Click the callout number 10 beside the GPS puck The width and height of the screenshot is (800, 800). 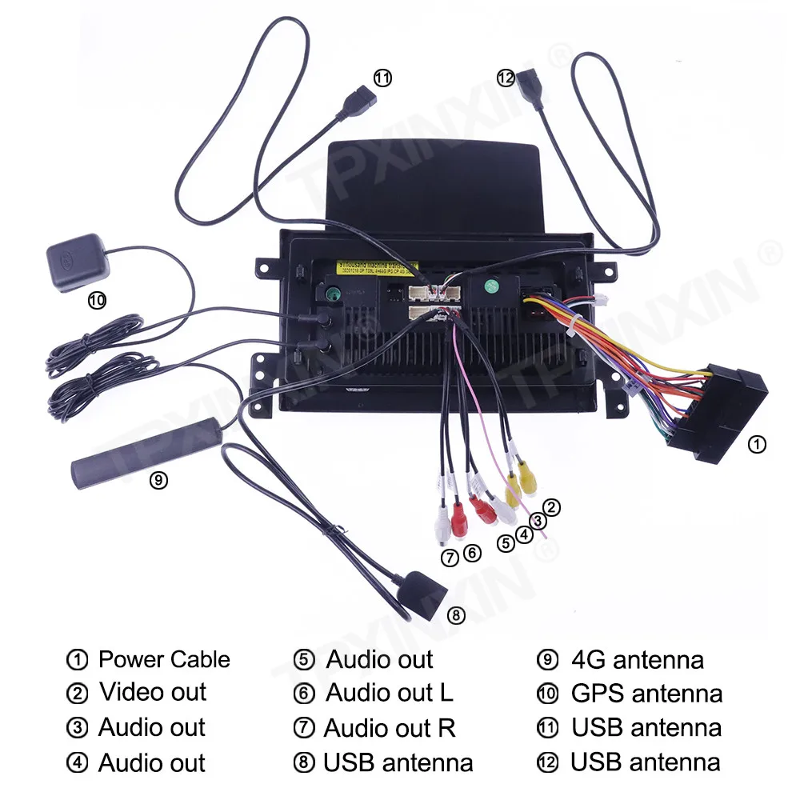click(96, 301)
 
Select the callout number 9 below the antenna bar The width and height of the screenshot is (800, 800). click(158, 480)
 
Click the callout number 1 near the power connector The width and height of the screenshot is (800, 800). click(755, 444)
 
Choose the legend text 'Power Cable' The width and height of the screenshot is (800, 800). click(164, 660)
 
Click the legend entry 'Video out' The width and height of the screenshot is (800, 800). click(153, 692)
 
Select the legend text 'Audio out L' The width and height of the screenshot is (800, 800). click(390, 693)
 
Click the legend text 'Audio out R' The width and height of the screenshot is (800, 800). click(390, 728)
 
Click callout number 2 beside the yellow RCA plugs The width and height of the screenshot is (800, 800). click(551, 506)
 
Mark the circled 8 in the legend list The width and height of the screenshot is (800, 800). click(304, 763)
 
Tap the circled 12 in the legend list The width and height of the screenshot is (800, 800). click(547, 763)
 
